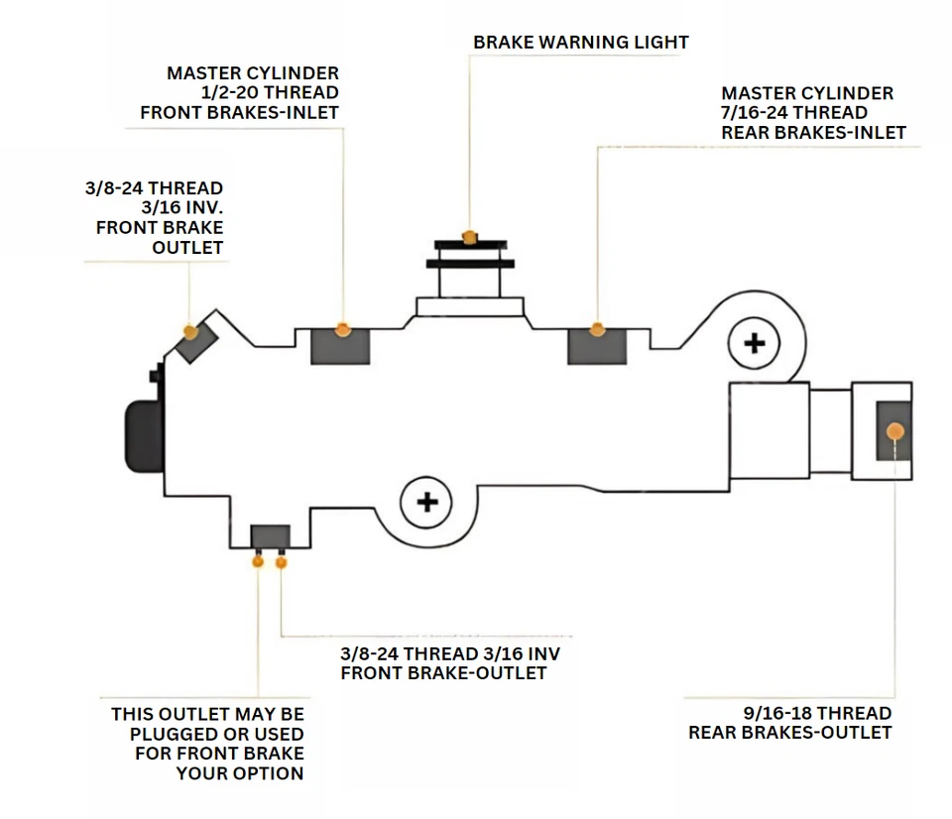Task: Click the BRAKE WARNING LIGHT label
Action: (x=580, y=42)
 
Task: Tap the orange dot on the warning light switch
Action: (x=470, y=235)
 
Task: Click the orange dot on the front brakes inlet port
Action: (x=343, y=328)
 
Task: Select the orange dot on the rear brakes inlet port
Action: (x=597, y=328)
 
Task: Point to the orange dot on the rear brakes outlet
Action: (x=895, y=431)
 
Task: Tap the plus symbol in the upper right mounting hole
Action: (x=755, y=343)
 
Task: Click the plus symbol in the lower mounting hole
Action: (x=427, y=502)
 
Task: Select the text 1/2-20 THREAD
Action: (x=271, y=93)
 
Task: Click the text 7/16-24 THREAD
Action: (x=794, y=113)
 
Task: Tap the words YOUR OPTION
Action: (x=240, y=772)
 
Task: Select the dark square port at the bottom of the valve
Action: (x=270, y=535)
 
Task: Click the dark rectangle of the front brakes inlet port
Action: (x=340, y=346)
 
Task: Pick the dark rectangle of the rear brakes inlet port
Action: (x=595, y=346)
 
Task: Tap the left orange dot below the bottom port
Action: (x=259, y=562)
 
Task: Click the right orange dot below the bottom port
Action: (x=282, y=562)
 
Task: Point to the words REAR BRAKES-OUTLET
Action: (x=790, y=733)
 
